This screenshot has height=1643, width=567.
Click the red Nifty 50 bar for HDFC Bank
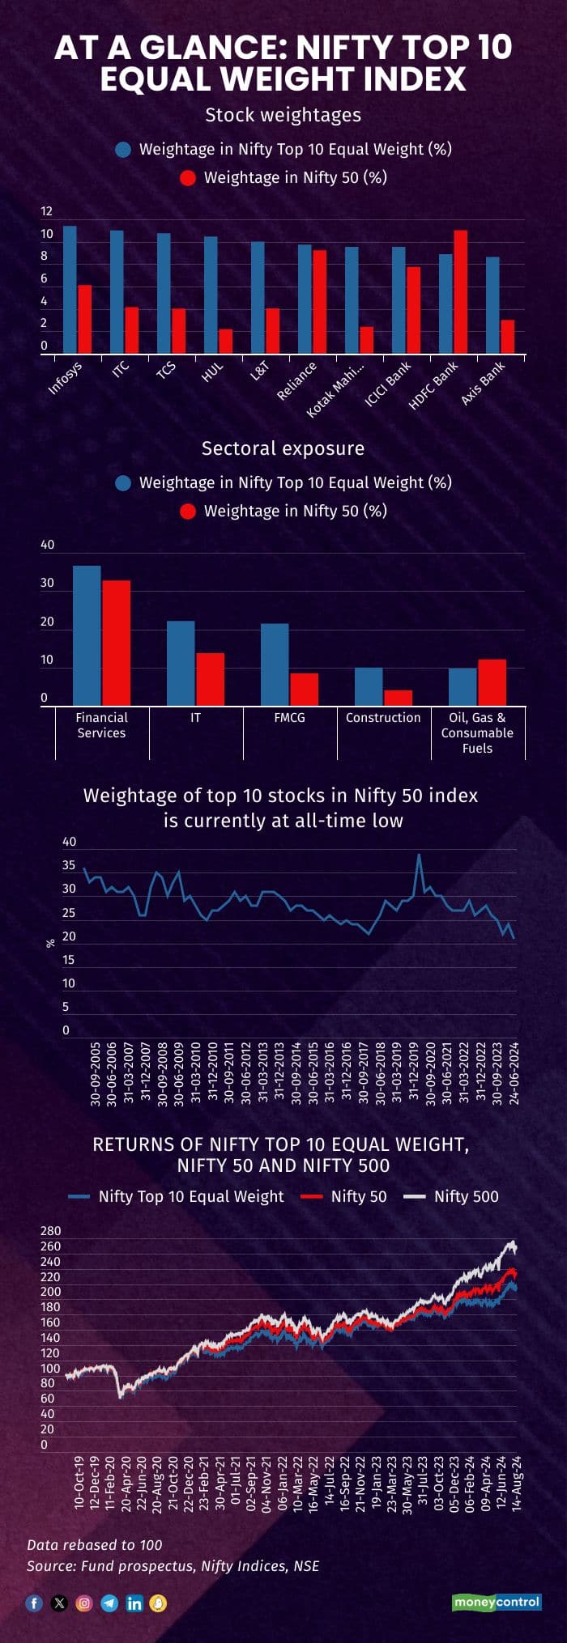pos(460,291)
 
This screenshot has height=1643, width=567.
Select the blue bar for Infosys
pos(70,289)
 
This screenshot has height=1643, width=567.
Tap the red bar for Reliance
pos(319,301)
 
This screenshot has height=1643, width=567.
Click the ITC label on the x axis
pos(121,369)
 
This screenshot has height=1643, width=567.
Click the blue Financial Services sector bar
pos(87,635)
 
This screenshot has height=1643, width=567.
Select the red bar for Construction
pos(398,698)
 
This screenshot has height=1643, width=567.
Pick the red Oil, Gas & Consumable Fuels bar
pos(492,682)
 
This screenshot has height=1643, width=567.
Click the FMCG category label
pos(289,718)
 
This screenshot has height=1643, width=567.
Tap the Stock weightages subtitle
pos(283,115)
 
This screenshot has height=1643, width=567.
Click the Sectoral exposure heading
pos(283,448)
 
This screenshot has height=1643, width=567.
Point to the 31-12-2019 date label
pos(414,1073)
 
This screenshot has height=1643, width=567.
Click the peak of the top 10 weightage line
pos(419,855)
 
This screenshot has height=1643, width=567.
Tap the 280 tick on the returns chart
pos(50,1231)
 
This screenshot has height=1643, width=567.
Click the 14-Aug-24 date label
pos(517,1484)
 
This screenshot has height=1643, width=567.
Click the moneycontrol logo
pos(496,1602)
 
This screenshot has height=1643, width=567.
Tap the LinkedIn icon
pos(134,1603)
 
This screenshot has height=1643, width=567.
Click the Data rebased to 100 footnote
pos(94,1544)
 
